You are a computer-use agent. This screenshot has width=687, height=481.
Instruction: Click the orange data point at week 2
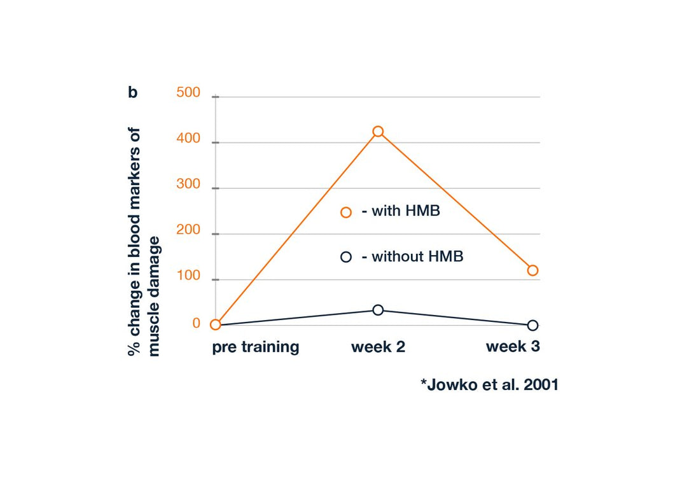378,132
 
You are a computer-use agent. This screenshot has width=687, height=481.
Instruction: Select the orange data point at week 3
532,270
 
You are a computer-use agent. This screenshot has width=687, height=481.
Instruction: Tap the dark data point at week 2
378,310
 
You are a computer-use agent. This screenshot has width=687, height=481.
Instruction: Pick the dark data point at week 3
532,325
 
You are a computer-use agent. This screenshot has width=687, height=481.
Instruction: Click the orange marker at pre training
216,324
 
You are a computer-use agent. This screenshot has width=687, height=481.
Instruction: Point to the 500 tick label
188,93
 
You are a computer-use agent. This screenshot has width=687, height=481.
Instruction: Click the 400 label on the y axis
188,139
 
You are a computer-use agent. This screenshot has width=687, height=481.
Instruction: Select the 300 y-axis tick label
188,185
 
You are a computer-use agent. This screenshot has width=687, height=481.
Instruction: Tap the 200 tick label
188,232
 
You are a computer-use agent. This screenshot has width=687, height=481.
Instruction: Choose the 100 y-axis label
188,277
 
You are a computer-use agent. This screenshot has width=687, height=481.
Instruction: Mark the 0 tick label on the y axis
196,323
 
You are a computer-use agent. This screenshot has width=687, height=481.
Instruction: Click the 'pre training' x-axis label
256,347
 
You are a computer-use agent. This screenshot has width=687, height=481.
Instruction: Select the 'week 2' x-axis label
378,347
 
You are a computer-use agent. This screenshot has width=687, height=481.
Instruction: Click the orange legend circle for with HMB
346,213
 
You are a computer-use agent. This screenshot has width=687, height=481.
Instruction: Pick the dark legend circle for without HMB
346,257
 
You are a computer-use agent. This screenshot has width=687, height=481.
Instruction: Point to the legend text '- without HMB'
412,257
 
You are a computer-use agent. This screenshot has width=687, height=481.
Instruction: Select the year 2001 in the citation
539,385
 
